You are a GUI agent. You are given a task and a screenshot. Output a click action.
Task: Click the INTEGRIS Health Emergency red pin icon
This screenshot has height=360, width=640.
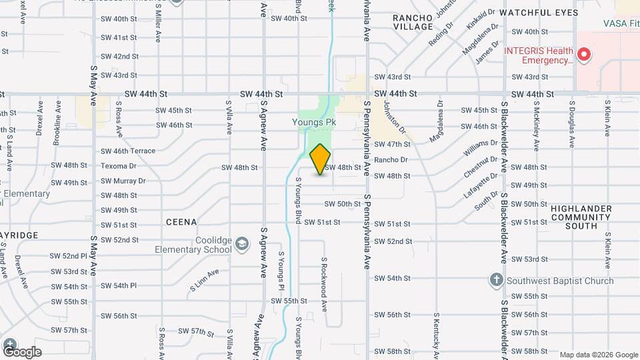click(x=584, y=55)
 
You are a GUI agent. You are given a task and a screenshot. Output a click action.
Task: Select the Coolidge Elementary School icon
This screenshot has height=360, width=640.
click(x=241, y=245)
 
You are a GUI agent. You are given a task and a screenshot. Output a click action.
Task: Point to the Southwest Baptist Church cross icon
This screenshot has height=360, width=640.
click(x=496, y=280)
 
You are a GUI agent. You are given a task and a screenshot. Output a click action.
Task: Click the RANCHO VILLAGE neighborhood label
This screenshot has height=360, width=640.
click(x=413, y=22)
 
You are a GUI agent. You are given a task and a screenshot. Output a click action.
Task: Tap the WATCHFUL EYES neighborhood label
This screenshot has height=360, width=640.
click(x=539, y=13)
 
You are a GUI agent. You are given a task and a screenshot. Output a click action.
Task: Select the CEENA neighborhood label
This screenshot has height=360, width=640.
click(x=181, y=222)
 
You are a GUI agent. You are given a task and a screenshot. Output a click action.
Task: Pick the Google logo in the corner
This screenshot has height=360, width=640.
click(x=22, y=351)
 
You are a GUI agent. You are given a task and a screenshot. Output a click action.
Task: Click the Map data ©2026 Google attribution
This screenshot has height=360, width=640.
click(x=598, y=355)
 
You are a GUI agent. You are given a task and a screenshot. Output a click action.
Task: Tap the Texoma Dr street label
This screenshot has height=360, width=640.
click(x=119, y=166)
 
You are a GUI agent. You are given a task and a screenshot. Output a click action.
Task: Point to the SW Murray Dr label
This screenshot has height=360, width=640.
click(x=123, y=181)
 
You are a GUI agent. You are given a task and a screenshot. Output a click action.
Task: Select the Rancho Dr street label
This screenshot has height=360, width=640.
click(x=391, y=160)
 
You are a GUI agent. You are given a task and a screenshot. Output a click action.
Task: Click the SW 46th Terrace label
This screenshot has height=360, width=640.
click(x=128, y=151)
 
